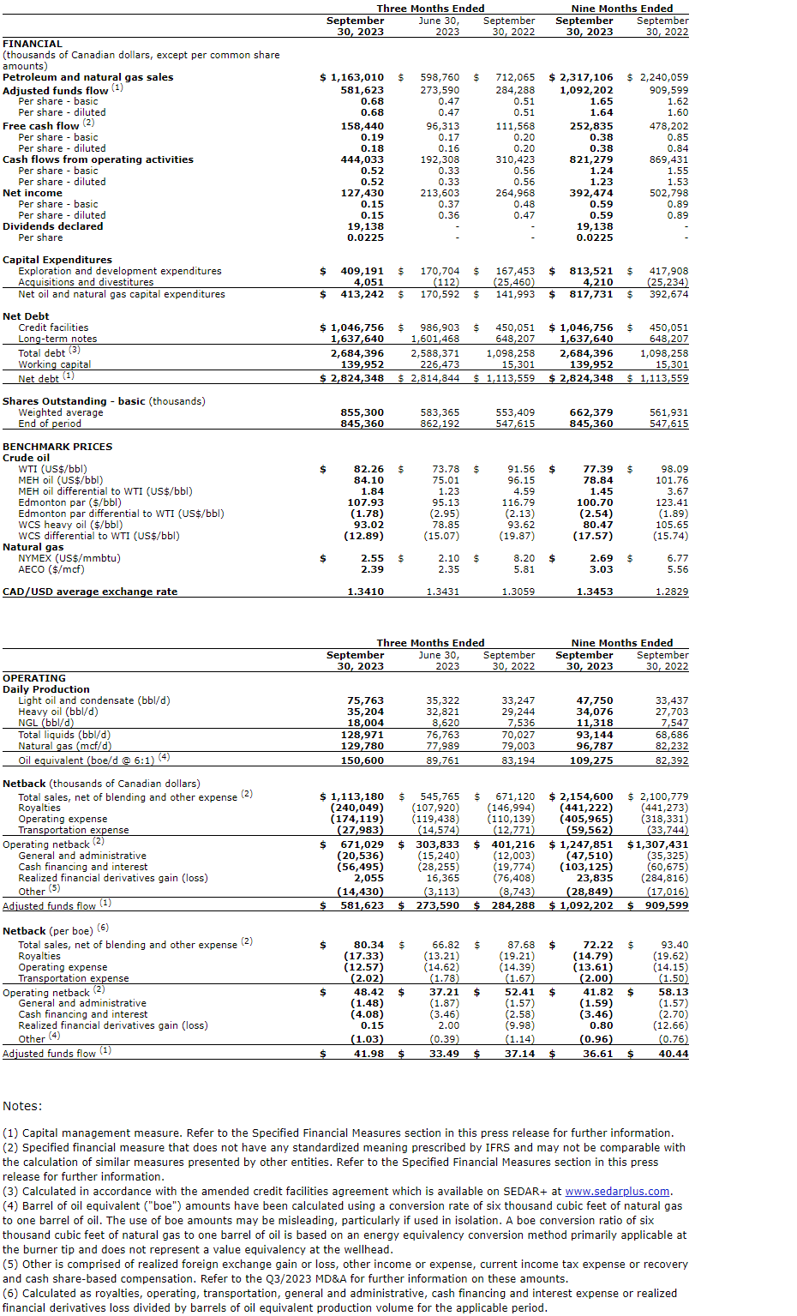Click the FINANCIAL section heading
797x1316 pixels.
tap(33, 44)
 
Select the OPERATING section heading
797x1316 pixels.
tap(34, 678)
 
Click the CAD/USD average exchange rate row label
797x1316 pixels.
tap(90, 592)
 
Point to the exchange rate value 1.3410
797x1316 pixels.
tap(366, 592)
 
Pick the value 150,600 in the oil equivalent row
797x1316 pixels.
tap(363, 760)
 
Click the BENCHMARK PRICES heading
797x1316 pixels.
tap(57, 447)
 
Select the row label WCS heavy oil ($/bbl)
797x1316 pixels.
tap(70, 525)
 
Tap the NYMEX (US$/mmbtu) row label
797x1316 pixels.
tap(69, 558)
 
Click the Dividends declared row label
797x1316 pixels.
tap(53, 226)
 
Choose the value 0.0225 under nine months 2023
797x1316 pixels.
tap(595, 237)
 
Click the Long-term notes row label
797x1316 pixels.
tap(57, 339)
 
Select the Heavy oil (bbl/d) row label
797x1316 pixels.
tap(58, 712)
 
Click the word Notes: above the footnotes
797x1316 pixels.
tap(22, 1106)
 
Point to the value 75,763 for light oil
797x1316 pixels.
tap(365, 700)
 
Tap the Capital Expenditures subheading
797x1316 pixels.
tap(57, 260)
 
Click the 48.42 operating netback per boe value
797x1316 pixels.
tap(369, 992)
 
